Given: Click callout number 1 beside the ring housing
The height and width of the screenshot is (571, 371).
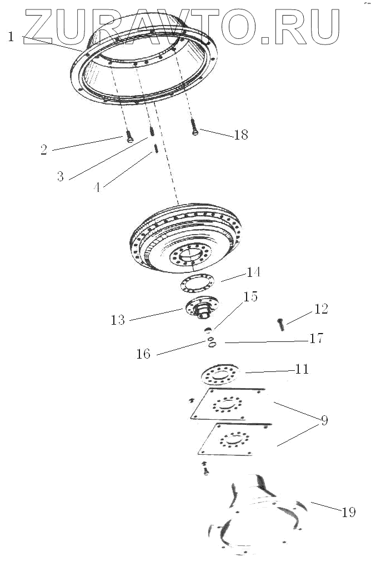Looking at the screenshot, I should tap(11, 37).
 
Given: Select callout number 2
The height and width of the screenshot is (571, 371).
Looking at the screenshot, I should tap(44, 150).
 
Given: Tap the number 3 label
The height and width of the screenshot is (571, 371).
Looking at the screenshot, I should tap(61, 177).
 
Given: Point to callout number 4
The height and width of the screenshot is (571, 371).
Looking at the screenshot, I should tap(98, 187).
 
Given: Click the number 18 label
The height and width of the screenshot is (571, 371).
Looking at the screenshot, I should tap(241, 135).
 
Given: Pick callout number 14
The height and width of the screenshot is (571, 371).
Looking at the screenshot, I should tap(253, 272).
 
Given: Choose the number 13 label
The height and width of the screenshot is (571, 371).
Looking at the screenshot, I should tap(118, 320).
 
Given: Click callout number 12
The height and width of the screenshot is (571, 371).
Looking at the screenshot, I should tap(321, 309).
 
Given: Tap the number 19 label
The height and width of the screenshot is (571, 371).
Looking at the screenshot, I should tap(348, 512).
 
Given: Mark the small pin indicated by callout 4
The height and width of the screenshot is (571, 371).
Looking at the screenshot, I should tap(156, 148).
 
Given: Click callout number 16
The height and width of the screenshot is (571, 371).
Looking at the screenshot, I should tap(143, 353).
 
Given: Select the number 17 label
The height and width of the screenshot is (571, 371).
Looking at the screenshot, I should tap(316, 338).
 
